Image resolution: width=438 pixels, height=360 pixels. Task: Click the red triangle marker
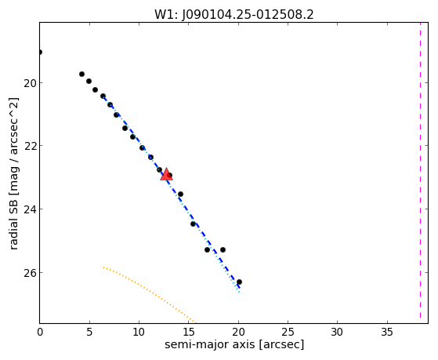(166, 174)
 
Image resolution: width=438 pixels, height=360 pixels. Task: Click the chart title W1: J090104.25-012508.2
(234, 15)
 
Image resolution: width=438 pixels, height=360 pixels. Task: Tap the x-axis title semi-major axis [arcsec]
(234, 344)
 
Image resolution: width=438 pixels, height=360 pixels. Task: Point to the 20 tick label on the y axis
(30, 83)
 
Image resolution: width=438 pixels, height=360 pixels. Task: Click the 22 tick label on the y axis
(30, 146)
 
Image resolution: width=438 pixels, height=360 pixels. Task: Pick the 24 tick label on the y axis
(30, 209)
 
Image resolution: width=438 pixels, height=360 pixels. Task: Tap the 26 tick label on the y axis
(30, 272)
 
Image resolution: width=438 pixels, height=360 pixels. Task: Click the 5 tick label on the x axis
(89, 332)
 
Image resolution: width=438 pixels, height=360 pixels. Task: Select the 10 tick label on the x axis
(139, 332)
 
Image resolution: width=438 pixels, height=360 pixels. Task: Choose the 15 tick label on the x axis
(189, 332)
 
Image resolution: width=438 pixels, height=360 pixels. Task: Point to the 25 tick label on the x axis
(288, 332)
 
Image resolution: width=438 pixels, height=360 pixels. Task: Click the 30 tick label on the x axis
(337, 332)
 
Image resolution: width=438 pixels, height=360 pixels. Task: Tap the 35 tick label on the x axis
(387, 332)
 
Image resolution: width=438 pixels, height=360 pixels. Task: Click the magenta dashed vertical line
(420, 173)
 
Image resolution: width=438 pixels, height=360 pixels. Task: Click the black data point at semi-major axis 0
(40, 52)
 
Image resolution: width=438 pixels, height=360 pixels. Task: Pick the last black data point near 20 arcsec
(239, 282)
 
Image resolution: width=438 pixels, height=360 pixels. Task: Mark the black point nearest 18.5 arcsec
(223, 249)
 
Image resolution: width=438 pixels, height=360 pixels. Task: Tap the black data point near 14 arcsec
(180, 195)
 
